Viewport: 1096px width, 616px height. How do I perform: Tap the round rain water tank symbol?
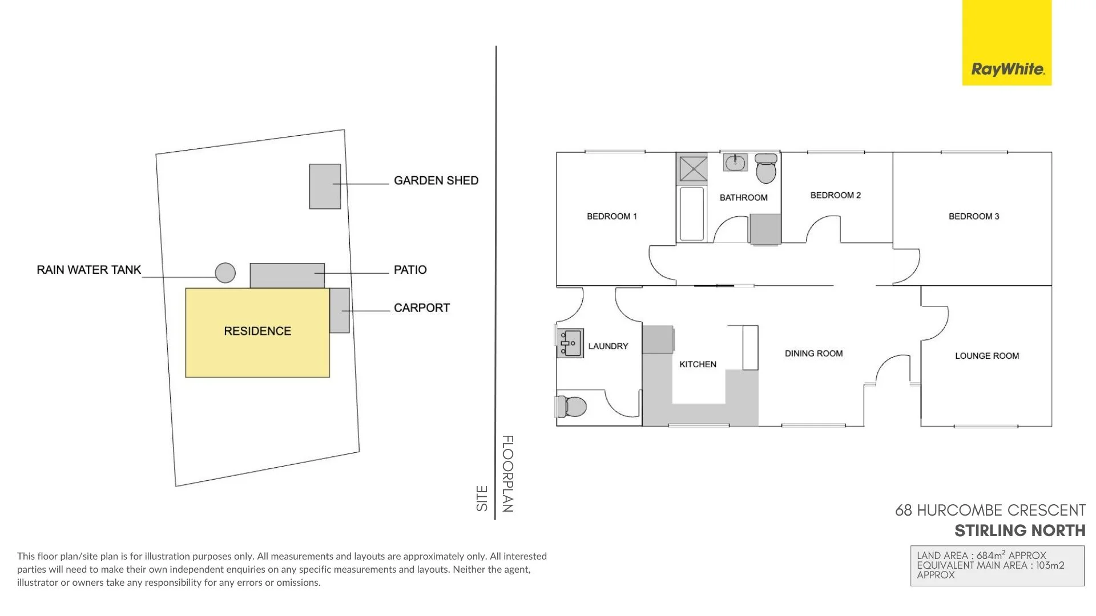pos(225,273)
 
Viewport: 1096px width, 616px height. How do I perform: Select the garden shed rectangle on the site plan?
pos(325,187)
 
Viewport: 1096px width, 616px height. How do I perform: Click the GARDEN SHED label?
pos(436,181)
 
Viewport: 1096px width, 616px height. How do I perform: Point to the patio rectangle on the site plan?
pos(287,275)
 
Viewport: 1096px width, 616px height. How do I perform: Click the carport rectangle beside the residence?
pos(340,310)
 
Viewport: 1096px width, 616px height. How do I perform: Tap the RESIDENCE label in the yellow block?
pos(257,331)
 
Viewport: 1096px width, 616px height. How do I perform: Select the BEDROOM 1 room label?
pos(611,216)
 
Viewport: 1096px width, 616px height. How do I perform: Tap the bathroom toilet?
pos(766,168)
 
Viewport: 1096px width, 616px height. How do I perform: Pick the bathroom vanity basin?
pos(735,163)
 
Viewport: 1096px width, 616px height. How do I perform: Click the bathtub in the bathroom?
pos(692,214)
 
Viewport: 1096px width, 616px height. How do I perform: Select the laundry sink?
pos(570,343)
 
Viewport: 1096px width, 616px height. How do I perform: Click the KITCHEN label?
pos(698,364)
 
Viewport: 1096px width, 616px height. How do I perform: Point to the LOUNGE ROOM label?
pos(986,356)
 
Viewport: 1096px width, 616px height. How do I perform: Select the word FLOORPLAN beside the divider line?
pos(507,473)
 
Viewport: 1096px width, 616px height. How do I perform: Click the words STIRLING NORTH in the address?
pos(1020,531)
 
